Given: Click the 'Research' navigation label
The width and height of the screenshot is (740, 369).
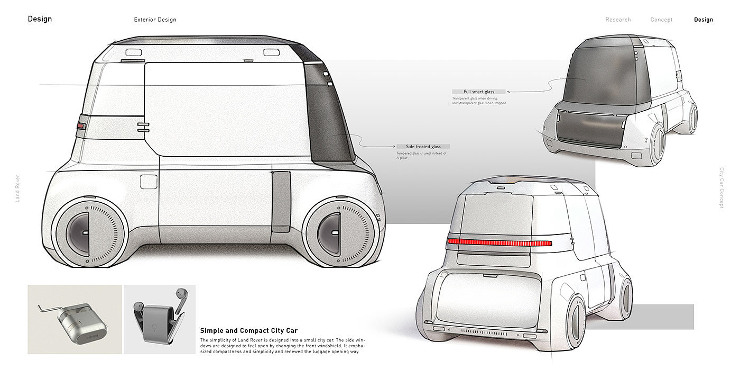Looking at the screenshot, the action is [x=618, y=20].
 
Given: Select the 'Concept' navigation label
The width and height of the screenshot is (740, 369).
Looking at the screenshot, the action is [x=661, y=20].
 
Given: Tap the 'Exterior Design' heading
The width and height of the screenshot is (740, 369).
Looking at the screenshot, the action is [x=155, y=20].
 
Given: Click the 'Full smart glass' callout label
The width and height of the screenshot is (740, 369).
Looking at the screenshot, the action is [x=479, y=92].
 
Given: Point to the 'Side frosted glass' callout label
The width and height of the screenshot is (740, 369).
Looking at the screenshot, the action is [x=423, y=146].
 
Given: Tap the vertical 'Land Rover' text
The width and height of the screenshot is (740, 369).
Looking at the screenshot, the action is [x=17, y=188].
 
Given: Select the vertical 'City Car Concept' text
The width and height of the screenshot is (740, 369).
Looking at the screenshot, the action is [x=721, y=188].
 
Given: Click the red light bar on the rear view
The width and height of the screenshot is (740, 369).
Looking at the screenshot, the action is [x=499, y=242].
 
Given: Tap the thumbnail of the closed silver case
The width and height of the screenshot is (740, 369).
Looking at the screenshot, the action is [x=75, y=319].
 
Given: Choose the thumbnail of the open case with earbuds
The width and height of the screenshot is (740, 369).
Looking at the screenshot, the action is [x=159, y=319].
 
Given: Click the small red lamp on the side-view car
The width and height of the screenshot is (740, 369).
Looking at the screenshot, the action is [x=80, y=126].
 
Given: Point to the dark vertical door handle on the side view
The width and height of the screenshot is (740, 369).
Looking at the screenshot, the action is [x=281, y=201].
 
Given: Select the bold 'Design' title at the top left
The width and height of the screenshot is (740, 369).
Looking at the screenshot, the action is [x=40, y=19].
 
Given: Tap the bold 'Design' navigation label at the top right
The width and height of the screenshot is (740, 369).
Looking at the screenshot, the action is [x=703, y=20].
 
